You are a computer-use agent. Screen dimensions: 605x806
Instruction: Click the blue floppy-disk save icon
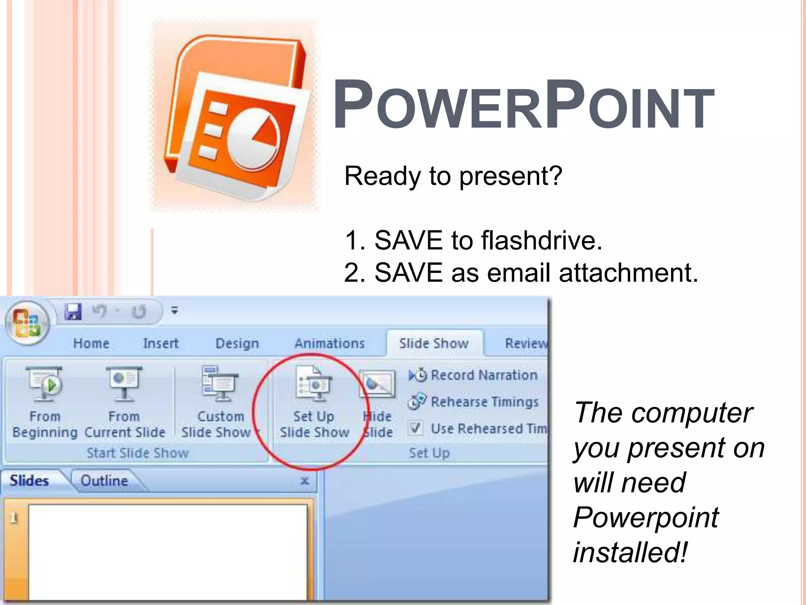pyautogui.click(x=73, y=312)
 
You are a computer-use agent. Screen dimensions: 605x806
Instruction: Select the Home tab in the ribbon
pyautogui.click(x=91, y=343)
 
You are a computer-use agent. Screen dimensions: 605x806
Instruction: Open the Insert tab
pyautogui.click(x=161, y=343)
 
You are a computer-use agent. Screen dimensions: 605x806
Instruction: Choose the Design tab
pyautogui.click(x=237, y=343)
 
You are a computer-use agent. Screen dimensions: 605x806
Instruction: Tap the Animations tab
pyautogui.click(x=329, y=343)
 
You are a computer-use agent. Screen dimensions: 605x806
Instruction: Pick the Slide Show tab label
pyautogui.click(x=434, y=343)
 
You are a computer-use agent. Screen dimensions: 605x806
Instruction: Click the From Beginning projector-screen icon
pyautogui.click(x=44, y=384)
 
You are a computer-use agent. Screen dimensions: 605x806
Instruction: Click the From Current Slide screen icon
pyautogui.click(x=124, y=384)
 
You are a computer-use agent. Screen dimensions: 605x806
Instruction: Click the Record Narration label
pyautogui.click(x=484, y=375)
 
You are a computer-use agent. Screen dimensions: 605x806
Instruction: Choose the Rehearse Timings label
pyautogui.click(x=484, y=402)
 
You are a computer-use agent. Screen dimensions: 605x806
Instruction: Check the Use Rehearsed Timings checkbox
pyautogui.click(x=416, y=428)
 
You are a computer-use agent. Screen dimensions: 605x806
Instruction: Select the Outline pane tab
pyautogui.click(x=104, y=481)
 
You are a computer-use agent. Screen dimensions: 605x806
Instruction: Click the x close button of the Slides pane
pyautogui.click(x=305, y=481)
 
